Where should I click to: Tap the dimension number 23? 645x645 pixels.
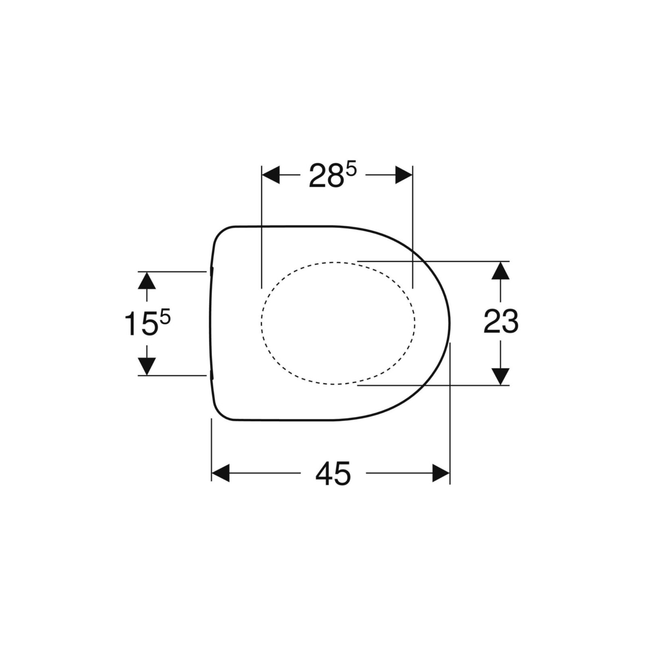point(501,321)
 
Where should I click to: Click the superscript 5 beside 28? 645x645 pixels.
point(352,170)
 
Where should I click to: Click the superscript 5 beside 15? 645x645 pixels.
point(166,318)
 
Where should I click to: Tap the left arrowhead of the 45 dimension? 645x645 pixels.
point(221,473)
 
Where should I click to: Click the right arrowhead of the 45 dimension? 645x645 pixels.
point(441,473)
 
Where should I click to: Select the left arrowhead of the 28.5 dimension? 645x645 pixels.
point(271,175)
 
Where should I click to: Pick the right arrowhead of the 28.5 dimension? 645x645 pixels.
point(404,175)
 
